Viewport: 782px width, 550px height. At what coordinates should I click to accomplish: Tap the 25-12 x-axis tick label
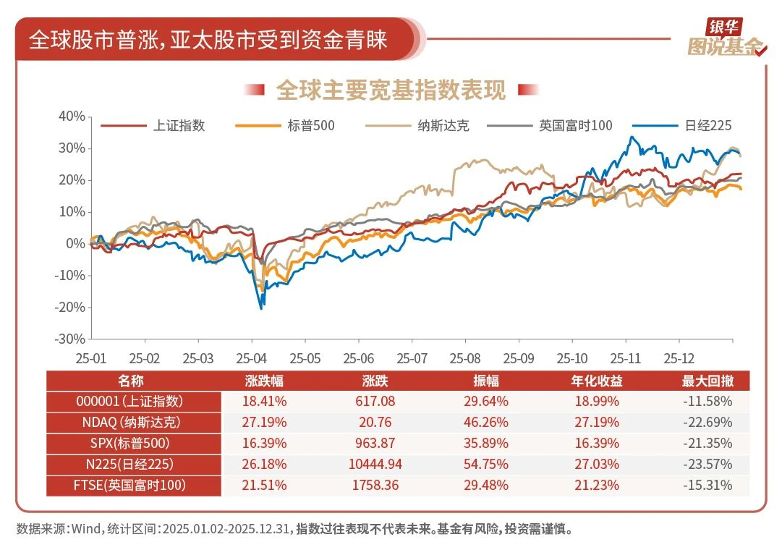[679, 358]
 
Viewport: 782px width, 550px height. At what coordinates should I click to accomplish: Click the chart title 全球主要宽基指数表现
[391, 90]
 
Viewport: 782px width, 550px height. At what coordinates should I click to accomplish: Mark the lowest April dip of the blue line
[260, 309]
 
